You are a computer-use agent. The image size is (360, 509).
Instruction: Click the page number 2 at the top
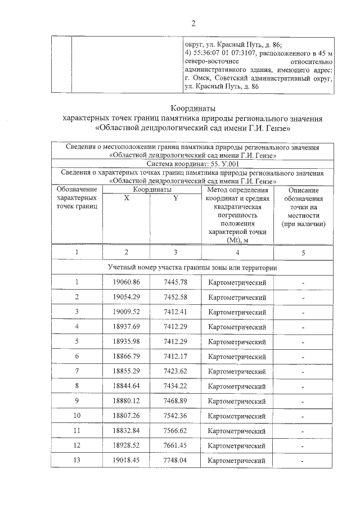[x=193, y=23]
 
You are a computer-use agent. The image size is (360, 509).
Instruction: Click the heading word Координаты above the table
[x=193, y=108]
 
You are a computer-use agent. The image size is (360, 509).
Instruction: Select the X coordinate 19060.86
[x=126, y=282]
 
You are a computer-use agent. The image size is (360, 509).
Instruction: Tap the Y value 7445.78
[x=175, y=282]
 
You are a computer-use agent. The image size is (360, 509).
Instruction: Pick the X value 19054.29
[x=126, y=296]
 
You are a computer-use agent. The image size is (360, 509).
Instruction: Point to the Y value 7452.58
[x=175, y=296]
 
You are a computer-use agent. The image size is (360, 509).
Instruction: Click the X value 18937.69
[x=126, y=326]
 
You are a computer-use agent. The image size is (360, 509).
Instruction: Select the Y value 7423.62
[x=175, y=371]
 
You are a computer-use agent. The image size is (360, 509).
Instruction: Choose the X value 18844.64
[x=126, y=386]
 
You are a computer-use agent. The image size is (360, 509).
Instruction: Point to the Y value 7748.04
[x=175, y=461]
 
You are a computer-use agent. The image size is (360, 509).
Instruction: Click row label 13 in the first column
[x=76, y=461]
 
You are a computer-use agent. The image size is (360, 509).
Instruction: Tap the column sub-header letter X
[x=127, y=199]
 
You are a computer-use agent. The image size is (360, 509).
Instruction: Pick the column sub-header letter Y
[x=175, y=199]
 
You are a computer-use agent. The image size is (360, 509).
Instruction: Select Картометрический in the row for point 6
[x=237, y=357]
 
